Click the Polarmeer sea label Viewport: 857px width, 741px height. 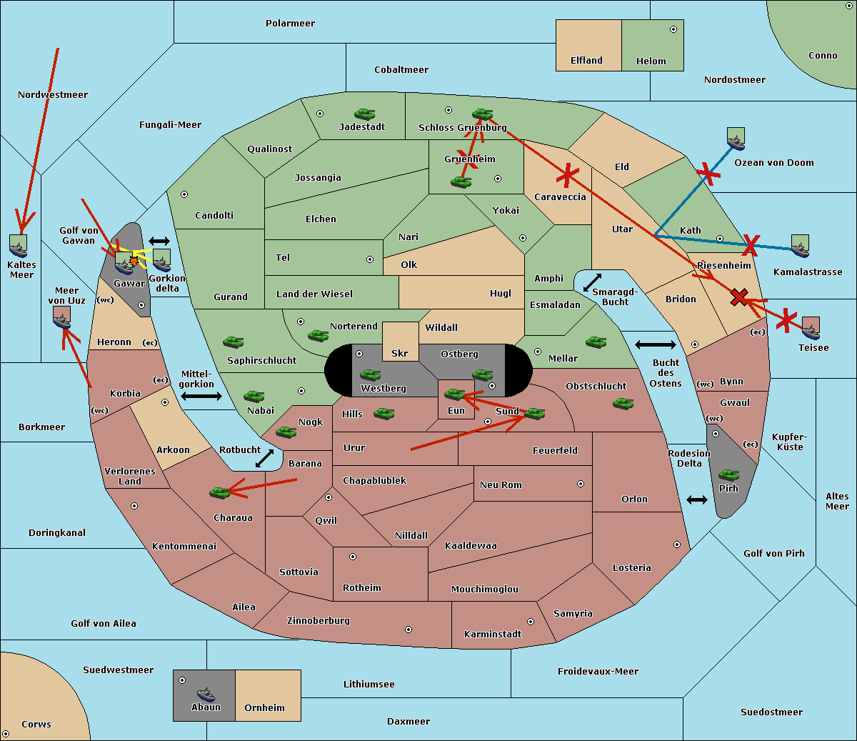click(290, 24)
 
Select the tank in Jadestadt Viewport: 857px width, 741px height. click(365, 114)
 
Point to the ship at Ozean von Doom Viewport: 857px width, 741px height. click(736, 139)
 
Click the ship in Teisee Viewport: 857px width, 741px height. click(811, 328)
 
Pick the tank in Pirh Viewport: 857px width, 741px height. click(729, 474)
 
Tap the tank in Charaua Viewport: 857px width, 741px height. click(220, 492)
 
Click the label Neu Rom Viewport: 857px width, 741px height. click(501, 484)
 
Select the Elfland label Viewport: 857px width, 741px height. click(586, 61)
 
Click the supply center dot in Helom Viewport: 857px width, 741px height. click(673, 29)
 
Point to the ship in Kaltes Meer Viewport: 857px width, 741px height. click(19, 246)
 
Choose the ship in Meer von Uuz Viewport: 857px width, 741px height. click(62, 318)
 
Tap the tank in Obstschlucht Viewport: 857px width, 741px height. click(623, 403)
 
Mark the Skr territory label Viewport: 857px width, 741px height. click(399, 353)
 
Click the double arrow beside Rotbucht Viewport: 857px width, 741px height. click(264, 458)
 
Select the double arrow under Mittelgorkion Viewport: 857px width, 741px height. click(201, 396)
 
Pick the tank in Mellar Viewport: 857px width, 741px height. click(596, 342)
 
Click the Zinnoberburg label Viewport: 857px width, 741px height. click(319, 621)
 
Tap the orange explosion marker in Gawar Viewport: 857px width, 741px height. click(134, 261)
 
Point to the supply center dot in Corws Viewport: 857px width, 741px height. click(6, 734)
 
